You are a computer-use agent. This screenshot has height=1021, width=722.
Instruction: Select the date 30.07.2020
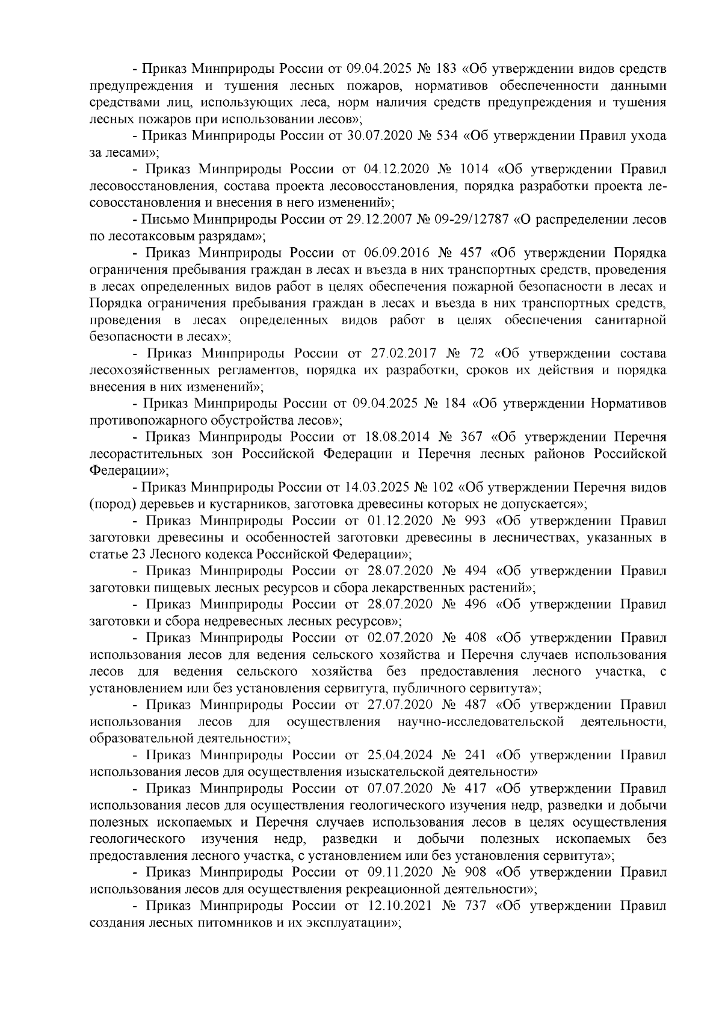[x=380, y=136]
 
